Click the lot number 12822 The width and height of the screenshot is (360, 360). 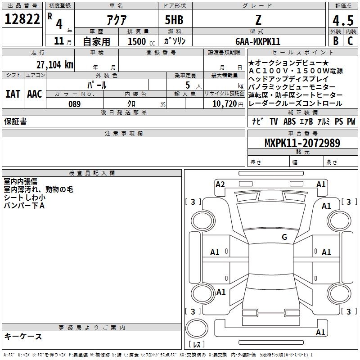coord(22,19)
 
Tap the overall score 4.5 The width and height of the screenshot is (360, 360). coord(343,20)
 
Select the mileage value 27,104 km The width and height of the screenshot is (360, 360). coord(55,65)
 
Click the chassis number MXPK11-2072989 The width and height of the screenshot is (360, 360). coord(302,143)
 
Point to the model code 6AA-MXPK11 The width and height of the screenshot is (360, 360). coord(258,41)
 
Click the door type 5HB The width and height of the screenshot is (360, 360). coord(174,20)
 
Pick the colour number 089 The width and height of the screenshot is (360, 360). coord(74,104)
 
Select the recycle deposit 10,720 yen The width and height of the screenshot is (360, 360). coord(228,104)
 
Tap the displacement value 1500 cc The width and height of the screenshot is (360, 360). coord(141,41)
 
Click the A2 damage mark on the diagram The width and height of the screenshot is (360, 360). coord(220,184)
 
